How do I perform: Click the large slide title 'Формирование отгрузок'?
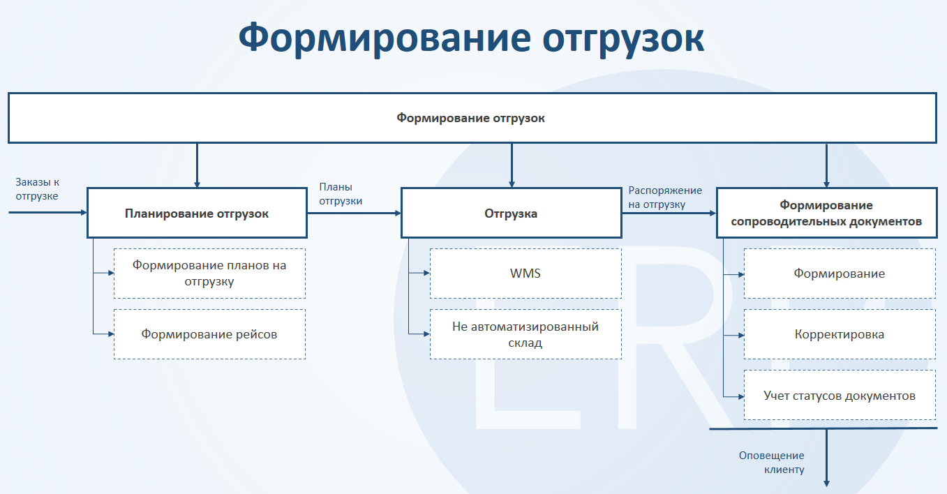point(472,38)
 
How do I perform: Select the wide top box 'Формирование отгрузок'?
point(471,118)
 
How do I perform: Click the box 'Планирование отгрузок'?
point(197,214)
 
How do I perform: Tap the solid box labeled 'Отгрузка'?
point(511,214)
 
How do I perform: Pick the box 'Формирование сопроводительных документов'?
point(826,214)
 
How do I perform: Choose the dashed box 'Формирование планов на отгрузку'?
point(209,274)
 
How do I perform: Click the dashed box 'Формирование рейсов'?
point(209,334)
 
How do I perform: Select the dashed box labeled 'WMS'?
point(525,274)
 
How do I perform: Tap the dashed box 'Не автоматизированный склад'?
point(525,334)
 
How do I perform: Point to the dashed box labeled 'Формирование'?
point(840,274)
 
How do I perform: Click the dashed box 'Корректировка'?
point(840,334)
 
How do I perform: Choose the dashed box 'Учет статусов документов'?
point(840,396)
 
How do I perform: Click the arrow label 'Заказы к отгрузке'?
point(37,188)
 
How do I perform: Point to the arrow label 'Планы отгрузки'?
point(341,194)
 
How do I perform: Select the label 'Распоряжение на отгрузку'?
point(665,197)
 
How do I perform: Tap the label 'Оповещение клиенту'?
point(772,463)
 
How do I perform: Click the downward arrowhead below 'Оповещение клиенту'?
point(827,482)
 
